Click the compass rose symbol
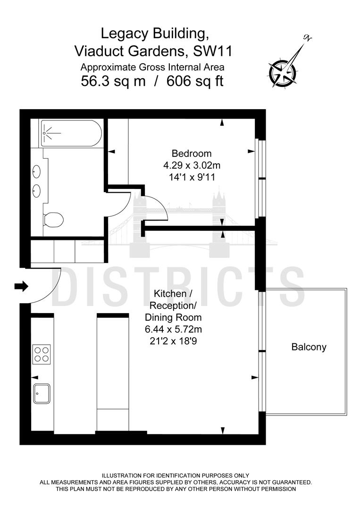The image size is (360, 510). click(283, 72)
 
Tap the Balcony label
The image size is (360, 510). click(309, 347)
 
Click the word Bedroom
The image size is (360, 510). click(191, 153)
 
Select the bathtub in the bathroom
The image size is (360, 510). click(71, 133)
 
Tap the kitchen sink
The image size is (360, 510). click(42, 393)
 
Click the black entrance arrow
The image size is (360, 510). click(22, 286)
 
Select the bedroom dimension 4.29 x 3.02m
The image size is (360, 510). click(191, 166)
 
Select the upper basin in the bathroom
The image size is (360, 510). click(37, 172)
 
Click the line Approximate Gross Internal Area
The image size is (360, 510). click(152, 67)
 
